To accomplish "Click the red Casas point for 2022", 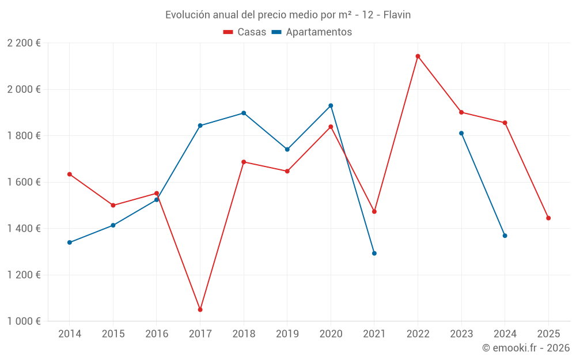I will pos(418,56).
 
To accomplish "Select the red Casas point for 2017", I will pos(200,310).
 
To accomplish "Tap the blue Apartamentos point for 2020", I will pos(331,105).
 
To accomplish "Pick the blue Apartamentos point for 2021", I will pos(374,253).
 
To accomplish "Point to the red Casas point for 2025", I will pos(548,218).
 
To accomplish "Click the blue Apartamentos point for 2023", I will pos(461,133).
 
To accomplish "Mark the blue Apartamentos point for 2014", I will pos(70,242).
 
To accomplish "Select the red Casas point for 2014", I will pos(70,174).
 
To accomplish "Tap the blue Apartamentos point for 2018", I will pos(244,113).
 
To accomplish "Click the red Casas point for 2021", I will pos(374,211).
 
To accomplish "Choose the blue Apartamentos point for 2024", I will pos(505,236).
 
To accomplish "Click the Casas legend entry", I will pos(245,32).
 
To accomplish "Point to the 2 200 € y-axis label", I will pos(24,43).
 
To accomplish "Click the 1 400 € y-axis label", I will pos(24,229).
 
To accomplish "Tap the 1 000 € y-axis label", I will pos(24,321).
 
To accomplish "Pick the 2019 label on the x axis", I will pos(287,334).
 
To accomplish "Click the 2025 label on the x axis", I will pos(548,334).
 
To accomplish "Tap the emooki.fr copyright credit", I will pos(526,348).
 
